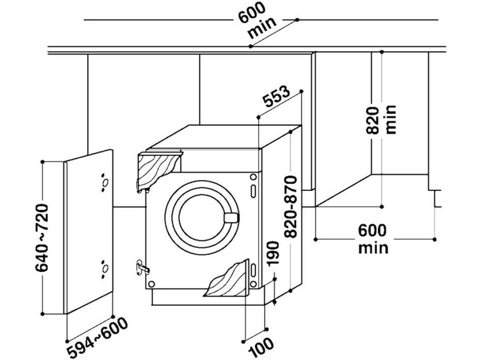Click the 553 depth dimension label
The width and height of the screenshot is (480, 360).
(277, 99)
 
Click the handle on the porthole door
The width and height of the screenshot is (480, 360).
(231, 217)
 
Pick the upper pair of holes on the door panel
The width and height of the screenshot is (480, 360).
(104, 180)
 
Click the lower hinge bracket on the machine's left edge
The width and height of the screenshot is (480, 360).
(142, 266)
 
